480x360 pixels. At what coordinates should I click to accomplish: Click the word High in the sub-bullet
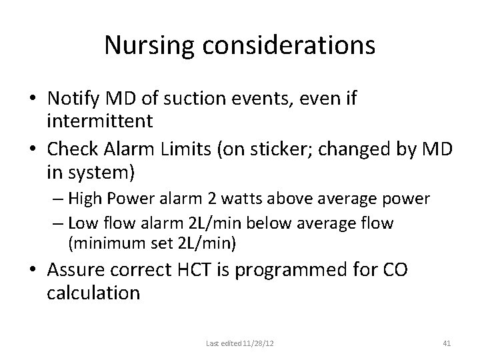point(99,199)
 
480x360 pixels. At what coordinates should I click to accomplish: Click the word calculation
point(94,293)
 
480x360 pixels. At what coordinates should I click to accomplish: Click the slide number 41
point(447,344)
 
